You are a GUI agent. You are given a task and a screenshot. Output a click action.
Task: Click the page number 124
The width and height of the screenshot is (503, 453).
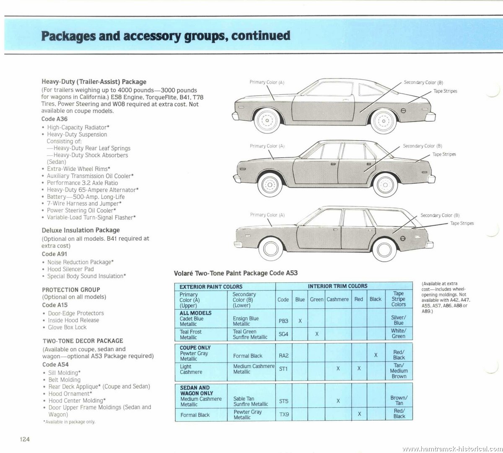coord(25,439)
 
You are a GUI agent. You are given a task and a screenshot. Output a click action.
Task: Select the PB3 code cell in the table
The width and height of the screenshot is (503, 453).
coord(283,321)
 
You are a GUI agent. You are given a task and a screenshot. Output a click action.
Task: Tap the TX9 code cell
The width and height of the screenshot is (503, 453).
coord(284,414)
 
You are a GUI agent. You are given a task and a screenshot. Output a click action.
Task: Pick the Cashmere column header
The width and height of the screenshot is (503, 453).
coord(337,299)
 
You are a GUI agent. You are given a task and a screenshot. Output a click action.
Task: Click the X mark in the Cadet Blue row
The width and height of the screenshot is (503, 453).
coord(300,321)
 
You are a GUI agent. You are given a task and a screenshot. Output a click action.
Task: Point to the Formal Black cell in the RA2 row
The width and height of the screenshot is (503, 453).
coord(247,356)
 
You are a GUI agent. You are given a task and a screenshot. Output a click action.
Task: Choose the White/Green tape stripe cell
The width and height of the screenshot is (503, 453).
coord(399,333)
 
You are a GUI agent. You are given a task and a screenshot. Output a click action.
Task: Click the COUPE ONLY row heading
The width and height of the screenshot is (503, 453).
coord(195,348)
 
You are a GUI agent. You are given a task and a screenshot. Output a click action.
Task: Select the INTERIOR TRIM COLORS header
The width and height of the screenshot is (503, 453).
coord(337,286)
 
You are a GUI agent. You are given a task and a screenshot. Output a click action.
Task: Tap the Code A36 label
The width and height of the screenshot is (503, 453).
coord(54,119)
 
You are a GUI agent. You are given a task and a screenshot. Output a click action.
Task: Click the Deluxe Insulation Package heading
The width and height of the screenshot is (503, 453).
coord(80,230)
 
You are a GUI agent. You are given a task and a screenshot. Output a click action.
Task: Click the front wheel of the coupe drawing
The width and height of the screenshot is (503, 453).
coord(267,120)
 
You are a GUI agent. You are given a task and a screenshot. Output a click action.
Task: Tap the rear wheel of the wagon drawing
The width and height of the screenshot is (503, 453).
coord(384,250)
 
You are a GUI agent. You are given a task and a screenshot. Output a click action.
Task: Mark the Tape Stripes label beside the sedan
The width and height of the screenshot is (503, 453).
coord(444,154)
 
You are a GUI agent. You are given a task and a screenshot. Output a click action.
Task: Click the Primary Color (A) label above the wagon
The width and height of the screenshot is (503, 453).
coord(267,215)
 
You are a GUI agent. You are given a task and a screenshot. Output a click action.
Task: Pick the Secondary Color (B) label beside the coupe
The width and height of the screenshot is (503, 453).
coord(423,82)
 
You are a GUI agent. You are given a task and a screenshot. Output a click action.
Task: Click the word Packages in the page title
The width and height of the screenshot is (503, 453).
coord(68,36)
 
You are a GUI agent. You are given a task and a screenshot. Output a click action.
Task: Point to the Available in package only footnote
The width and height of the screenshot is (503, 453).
coord(69,422)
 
